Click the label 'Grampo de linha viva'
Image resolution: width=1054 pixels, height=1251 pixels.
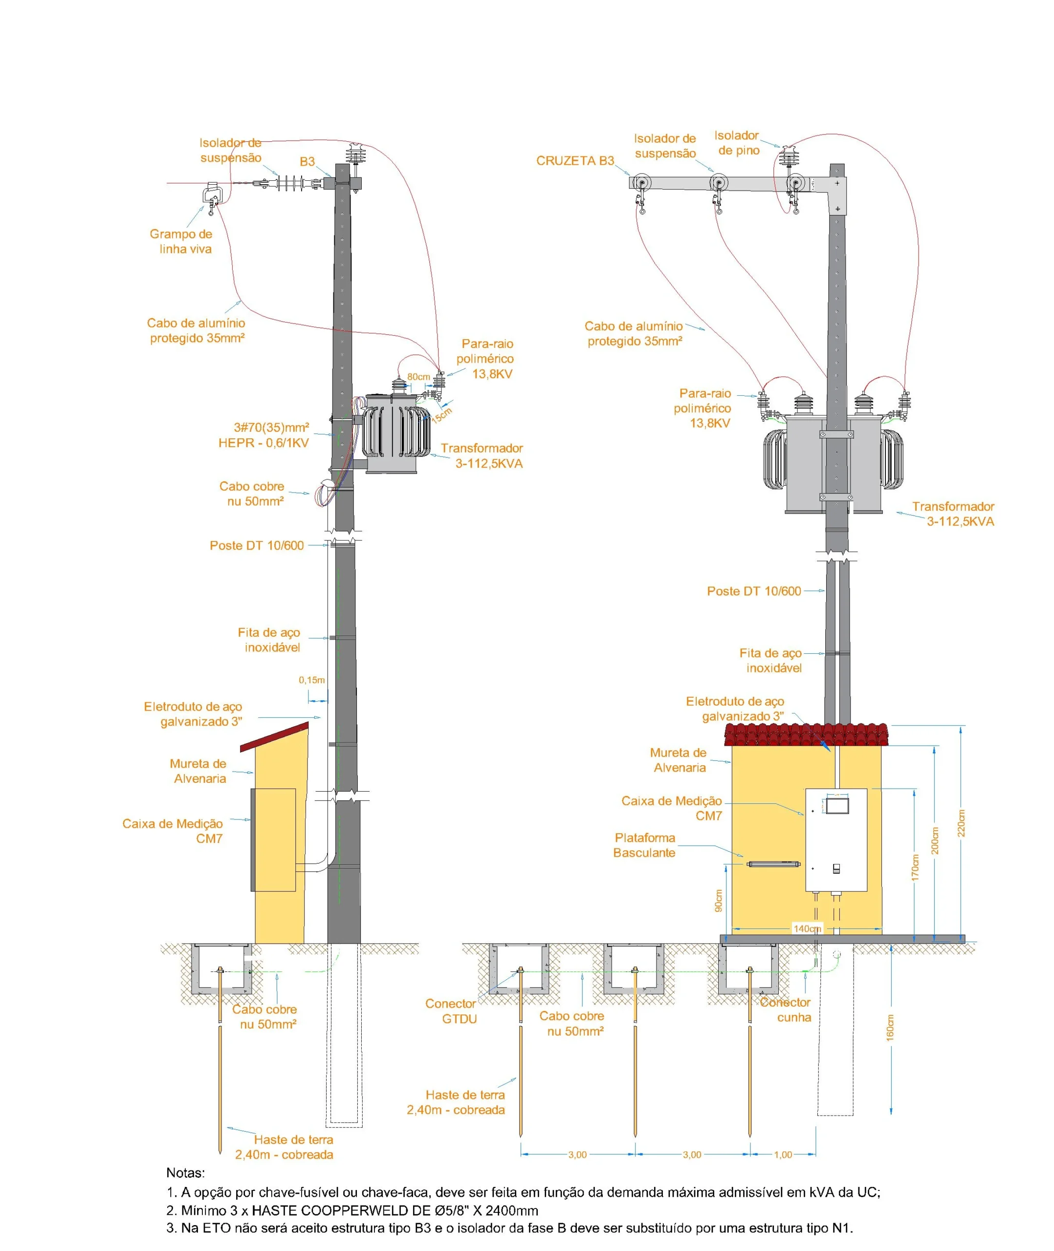coord(181,241)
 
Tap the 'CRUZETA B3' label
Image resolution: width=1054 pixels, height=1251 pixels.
coord(575,161)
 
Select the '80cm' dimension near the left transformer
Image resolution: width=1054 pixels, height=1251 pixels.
coord(418,377)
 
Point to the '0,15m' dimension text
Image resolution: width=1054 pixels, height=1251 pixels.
coord(311,680)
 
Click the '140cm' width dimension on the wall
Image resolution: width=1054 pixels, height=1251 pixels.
coord(807,928)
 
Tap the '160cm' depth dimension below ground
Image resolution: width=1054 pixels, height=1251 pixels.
coord(890,1028)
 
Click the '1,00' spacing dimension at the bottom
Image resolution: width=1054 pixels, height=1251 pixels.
coord(783,1155)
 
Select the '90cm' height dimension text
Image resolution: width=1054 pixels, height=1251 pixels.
coord(718,901)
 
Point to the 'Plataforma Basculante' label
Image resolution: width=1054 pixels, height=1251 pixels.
coord(644,845)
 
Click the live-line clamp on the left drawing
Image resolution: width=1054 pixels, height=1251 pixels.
coord(212,195)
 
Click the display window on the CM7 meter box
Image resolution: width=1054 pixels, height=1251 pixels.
coord(836,805)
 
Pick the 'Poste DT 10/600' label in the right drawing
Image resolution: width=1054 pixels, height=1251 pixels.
coord(753,591)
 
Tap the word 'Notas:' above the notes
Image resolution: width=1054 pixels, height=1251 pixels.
coord(185,1173)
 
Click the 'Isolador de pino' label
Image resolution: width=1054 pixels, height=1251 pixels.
coord(737,143)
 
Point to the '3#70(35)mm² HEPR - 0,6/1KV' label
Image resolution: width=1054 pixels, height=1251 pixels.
coord(264,435)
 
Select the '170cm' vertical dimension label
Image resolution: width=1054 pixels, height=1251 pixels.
coord(915,867)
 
